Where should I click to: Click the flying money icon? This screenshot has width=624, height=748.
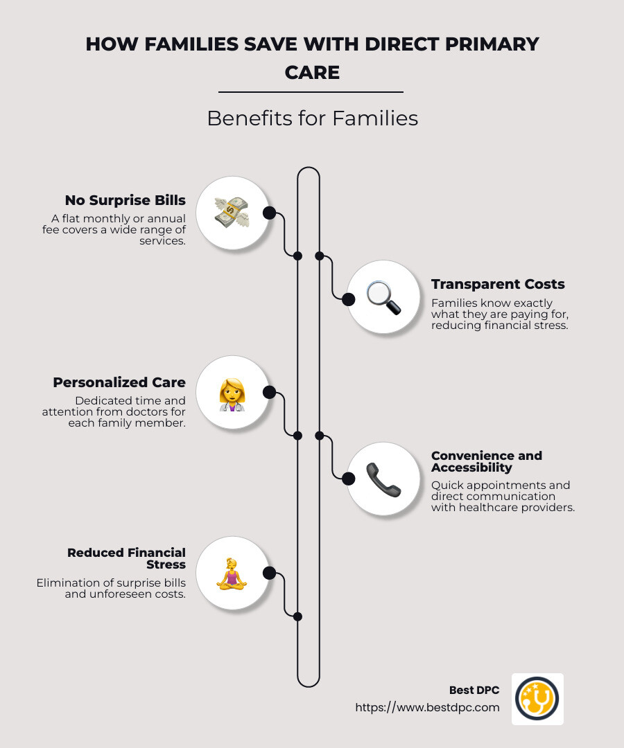point(232,213)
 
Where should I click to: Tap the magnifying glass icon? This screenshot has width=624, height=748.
point(384,298)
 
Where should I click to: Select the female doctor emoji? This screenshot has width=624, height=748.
point(232,395)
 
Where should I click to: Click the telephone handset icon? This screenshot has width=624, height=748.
point(383,480)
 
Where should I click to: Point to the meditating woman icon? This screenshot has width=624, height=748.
point(232,574)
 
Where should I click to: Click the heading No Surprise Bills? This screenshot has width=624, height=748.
point(125,200)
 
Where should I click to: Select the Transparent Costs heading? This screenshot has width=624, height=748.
point(498,285)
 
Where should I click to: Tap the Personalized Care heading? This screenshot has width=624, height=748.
point(119,382)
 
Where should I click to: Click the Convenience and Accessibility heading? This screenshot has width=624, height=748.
point(487,461)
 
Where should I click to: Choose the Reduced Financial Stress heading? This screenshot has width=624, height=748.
point(126,559)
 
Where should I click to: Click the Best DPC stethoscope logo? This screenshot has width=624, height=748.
point(537,699)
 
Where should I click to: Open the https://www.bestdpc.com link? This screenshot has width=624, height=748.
point(427,707)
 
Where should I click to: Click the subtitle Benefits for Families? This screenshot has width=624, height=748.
point(312,118)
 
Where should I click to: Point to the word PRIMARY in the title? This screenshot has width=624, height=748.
point(492,44)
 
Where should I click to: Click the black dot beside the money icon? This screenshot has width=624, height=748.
point(269,213)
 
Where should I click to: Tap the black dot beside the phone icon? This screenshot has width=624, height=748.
point(349,479)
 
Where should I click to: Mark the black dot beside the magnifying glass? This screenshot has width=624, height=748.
point(349,300)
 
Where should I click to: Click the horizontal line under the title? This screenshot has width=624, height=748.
point(311,91)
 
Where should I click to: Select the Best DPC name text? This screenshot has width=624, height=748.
point(474,691)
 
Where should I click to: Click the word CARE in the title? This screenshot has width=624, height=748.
point(312,73)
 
